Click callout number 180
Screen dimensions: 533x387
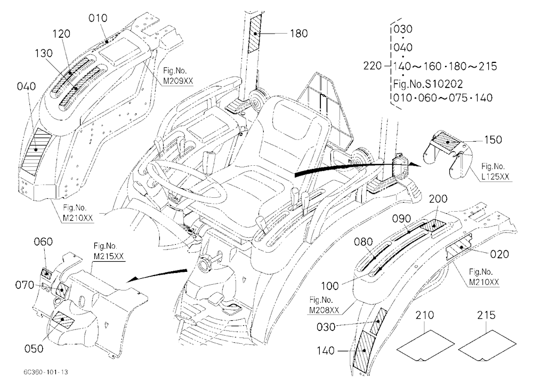(x=299, y=34)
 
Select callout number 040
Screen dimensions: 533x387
(x=26, y=86)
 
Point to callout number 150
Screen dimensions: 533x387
(x=493, y=140)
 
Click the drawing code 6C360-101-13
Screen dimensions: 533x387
(x=45, y=372)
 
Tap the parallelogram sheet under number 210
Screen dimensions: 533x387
(x=425, y=345)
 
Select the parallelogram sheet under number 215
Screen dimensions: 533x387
(x=487, y=345)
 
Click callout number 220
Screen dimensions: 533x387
(x=373, y=66)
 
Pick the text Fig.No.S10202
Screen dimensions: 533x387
(x=428, y=84)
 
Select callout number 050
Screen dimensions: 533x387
(x=34, y=349)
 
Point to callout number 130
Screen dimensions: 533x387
(x=44, y=53)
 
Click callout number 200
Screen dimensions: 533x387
(x=438, y=199)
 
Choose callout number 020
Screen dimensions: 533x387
(x=499, y=254)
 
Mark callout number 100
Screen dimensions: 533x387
(x=330, y=286)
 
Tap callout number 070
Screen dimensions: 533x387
(x=25, y=285)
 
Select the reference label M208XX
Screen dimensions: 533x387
(x=324, y=310)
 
